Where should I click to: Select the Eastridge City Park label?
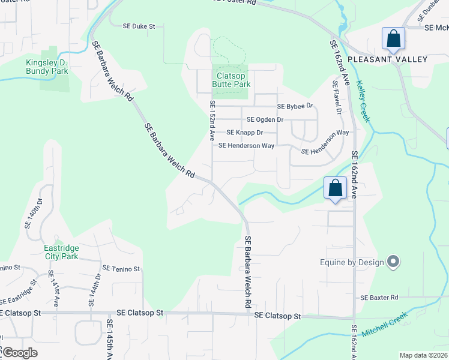(61, 252)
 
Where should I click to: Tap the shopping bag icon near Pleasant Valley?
(394, 39)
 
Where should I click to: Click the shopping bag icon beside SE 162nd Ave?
(336, 188)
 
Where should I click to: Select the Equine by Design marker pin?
(394, 262)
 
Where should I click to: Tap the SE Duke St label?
(139, 26)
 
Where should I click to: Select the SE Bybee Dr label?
(295, 106)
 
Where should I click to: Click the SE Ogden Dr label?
(265, 119)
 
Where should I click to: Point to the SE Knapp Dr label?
(245, 133)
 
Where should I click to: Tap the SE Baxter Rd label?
(379, 298)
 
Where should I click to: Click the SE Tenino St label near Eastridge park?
(121, 269)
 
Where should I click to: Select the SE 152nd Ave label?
(212, 121)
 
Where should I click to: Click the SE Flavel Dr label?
(337, 98)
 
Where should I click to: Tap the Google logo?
(20, 353)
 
